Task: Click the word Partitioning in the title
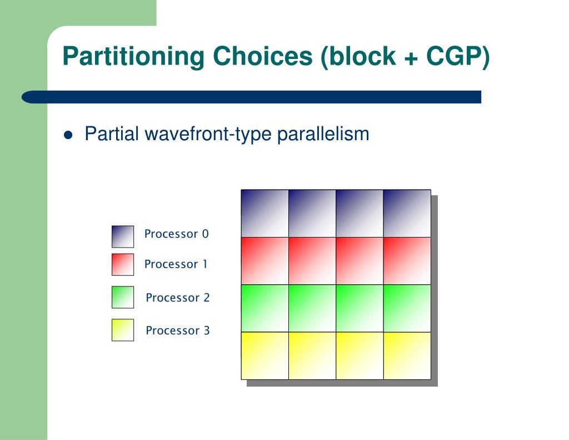[133, 57]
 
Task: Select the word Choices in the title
[262, 56]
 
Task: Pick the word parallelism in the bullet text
[323, 134]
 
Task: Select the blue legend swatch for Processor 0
[123, 236]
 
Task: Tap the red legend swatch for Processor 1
[123, 265]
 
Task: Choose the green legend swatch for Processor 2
[123, 297]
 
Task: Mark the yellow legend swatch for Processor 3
[123, 330]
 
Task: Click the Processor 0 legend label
[176, 234]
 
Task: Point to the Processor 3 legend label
[178, 330]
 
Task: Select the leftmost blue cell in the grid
[265, 213]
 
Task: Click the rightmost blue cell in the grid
[407, 213]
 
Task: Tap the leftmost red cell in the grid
[265, 261]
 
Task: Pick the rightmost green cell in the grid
[407, 308]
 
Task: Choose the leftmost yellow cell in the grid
[265, 355]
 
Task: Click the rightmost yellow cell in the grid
[407, 355]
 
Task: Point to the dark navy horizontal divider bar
[252, 97]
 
